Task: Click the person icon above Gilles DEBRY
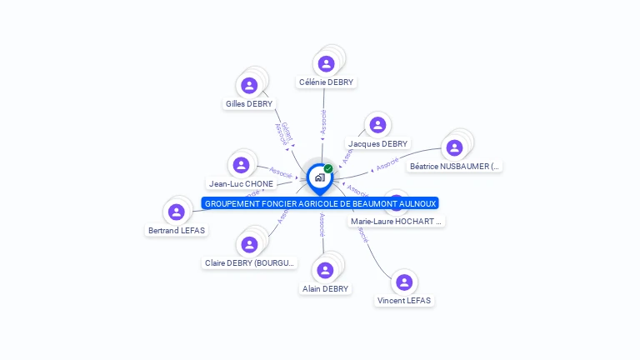(249, 85)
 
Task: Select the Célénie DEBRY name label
(326, 82)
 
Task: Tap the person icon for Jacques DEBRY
(377, 125)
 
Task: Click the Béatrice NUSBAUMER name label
(455, 167)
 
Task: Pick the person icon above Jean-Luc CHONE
(241, 164)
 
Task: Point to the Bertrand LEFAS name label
(177, 230)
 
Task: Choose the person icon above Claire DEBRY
(248, 244)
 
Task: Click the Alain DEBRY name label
(325, 288)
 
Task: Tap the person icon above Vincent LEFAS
(404, 282)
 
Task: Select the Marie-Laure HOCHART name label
(397, 221)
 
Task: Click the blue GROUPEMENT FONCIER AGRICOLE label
(321, 203)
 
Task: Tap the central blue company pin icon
(319, 177)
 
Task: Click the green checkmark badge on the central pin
(328, 169)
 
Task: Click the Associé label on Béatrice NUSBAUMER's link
(387, 163)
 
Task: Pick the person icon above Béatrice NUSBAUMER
(454, 147)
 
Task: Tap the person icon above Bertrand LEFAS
(176, 212)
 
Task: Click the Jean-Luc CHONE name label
(241, 183)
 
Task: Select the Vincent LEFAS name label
(404, 300)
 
